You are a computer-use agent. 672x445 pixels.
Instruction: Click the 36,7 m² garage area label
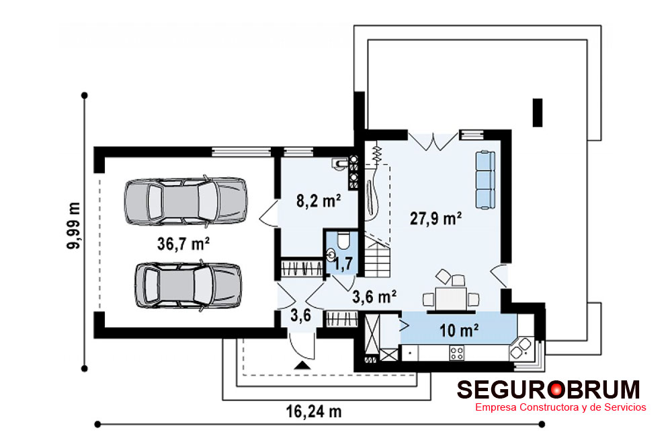(x=183, y=244)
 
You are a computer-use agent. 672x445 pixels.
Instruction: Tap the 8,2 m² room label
(x=319, y=201)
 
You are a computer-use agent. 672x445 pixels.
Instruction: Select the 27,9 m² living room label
(x=435, y=219)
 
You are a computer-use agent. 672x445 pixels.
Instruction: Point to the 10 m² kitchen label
(x=458, y=331)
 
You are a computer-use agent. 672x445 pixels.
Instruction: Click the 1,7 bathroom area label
(x=343, y=263)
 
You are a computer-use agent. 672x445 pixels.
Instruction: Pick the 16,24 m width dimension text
(x=314, y=411)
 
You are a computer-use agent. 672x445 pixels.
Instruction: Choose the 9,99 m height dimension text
(x=74, y=226)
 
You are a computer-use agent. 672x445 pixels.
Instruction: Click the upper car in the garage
(x=185, y=201)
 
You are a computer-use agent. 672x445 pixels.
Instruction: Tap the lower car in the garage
(x=188, y=285)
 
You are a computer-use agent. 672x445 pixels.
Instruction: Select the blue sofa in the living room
(x=485, y=180)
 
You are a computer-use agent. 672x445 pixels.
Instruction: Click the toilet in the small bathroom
(x=343, y=241)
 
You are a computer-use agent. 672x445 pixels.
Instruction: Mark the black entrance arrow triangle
(x=303, y=366)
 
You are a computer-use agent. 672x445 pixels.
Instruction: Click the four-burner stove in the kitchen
(x=456, y=353)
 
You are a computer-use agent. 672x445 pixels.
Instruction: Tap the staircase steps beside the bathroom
(x=378, y=258)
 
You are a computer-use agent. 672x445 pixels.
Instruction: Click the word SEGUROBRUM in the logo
(x=548, y=390)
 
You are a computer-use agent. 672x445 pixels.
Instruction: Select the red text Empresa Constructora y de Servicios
(x=560, y=407)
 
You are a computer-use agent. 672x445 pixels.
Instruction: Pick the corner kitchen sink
(x=521, y=348)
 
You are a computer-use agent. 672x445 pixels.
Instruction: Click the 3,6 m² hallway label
(x=374, y=296)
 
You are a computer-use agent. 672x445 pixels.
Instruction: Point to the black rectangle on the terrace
(x=538, y=112)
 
